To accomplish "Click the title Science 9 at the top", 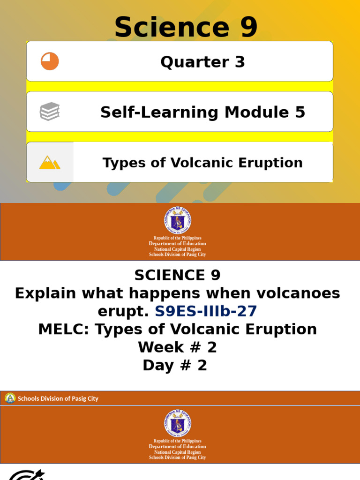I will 186,27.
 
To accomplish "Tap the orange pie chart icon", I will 50,61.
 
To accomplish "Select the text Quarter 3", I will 202,62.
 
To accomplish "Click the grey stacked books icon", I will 50,112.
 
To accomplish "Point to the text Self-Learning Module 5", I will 202,112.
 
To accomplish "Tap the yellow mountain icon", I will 50,162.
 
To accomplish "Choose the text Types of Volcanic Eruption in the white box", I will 202,163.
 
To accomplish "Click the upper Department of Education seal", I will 177,221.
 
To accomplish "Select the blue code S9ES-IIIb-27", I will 206,311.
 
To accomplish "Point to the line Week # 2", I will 177,347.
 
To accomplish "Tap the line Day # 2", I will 175,365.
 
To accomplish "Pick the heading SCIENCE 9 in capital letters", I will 177,275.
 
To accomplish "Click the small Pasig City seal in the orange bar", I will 10,398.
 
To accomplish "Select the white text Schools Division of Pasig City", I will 58,398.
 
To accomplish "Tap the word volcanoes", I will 294,293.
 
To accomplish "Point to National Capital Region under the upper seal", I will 177,249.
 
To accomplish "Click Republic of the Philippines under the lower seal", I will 177,441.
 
